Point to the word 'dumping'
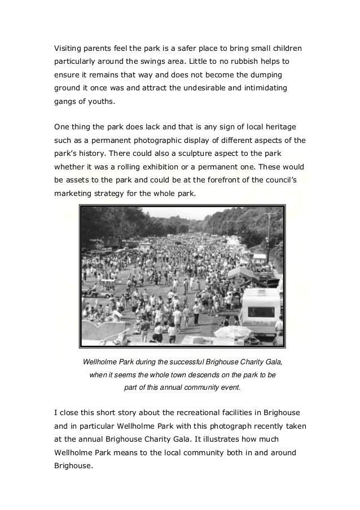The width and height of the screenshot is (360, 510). (265, 75)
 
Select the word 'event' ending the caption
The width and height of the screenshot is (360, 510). (231, 387)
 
